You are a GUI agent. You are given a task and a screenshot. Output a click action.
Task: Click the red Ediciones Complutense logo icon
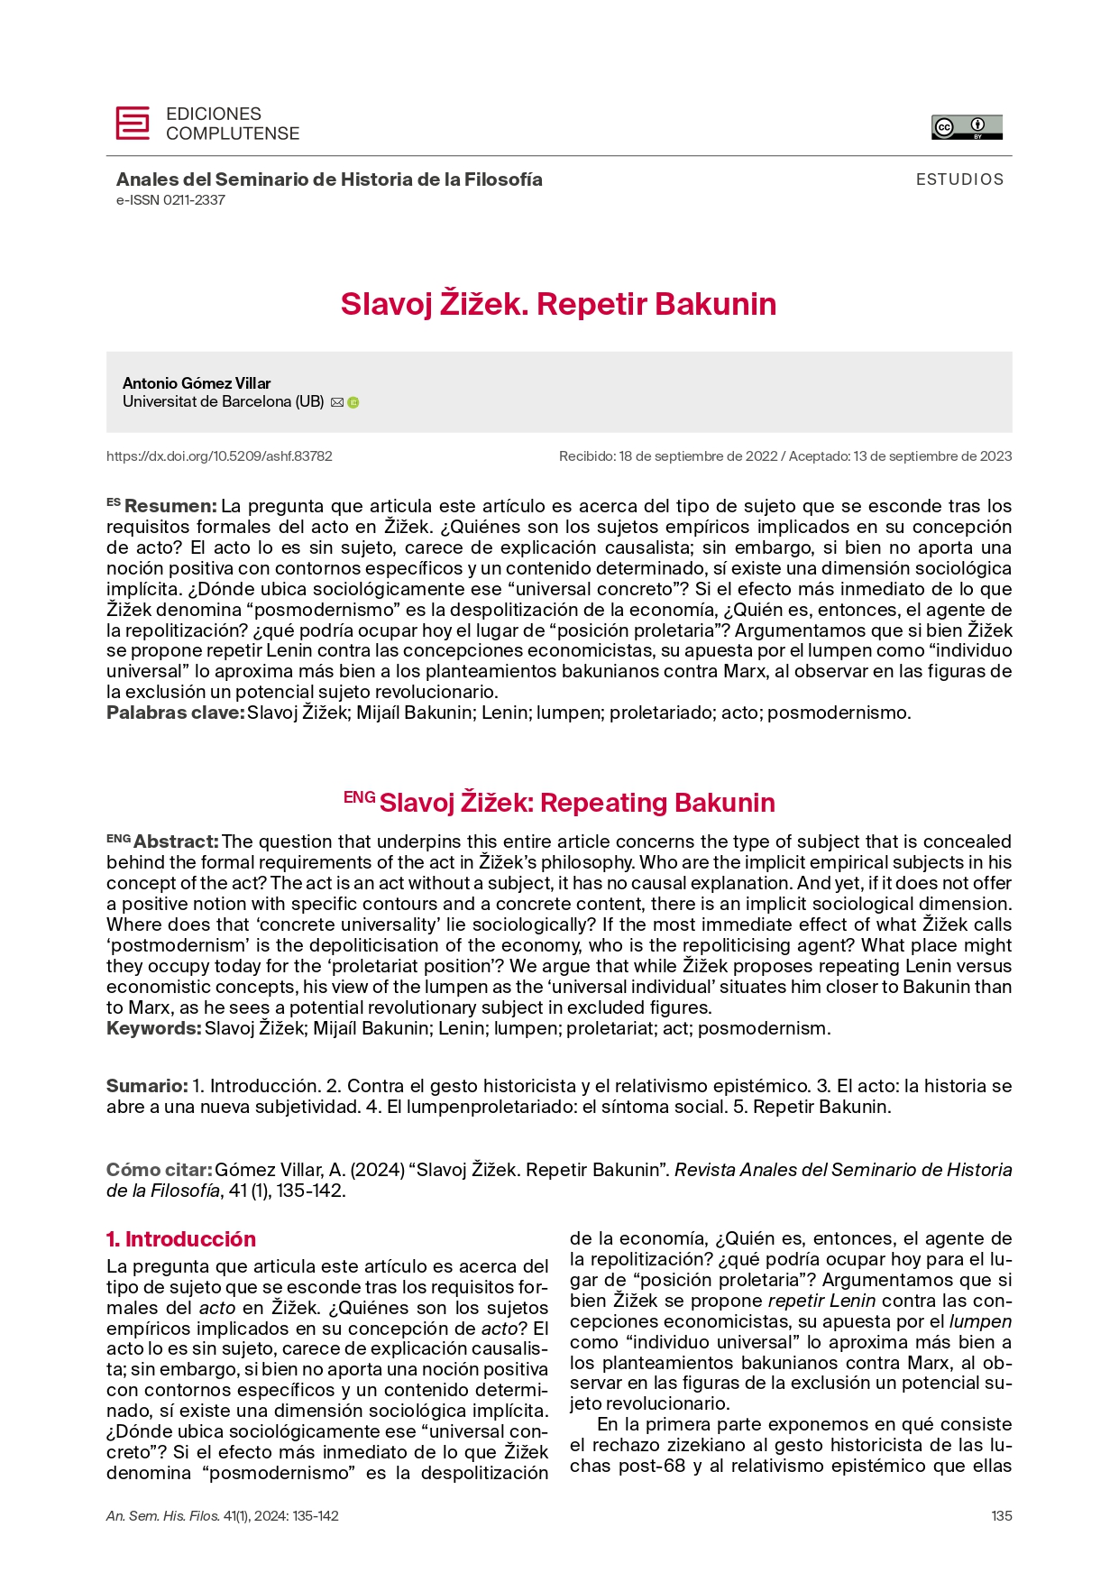[133, 124]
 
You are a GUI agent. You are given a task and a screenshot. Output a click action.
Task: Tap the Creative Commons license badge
[967, 127]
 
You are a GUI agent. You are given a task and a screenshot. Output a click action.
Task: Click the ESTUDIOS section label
[959, 179]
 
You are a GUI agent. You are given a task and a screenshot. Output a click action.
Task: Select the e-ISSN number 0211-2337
[170, 200]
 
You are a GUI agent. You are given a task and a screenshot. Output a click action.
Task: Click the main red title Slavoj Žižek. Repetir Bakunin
[558, 304]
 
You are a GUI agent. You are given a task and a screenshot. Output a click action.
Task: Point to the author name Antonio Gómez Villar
[197, 383]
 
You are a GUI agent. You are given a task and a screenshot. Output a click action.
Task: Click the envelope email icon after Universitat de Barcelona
[337, 402]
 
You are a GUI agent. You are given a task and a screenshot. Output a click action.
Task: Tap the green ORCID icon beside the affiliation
[353, 402]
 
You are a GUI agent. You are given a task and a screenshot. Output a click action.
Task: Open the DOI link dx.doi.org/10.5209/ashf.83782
[219, 456]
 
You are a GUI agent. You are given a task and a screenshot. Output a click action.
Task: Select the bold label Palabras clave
[176, 713]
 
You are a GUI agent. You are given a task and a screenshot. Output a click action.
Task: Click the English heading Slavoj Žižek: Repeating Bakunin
[577, 803]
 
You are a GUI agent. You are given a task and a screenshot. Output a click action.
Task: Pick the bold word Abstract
[176, 842]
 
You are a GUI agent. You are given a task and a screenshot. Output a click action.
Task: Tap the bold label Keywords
[153, 1028]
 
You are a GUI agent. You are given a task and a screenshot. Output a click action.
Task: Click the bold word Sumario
[147, 1086]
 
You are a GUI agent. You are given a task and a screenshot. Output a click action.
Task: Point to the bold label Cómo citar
[159, 1170]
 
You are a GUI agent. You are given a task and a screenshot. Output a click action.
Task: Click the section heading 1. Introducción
[181, 1238]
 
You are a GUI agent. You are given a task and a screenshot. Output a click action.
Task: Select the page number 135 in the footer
[1001, 1516]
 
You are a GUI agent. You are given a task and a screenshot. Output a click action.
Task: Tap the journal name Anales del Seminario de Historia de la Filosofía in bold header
[329, 179]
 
